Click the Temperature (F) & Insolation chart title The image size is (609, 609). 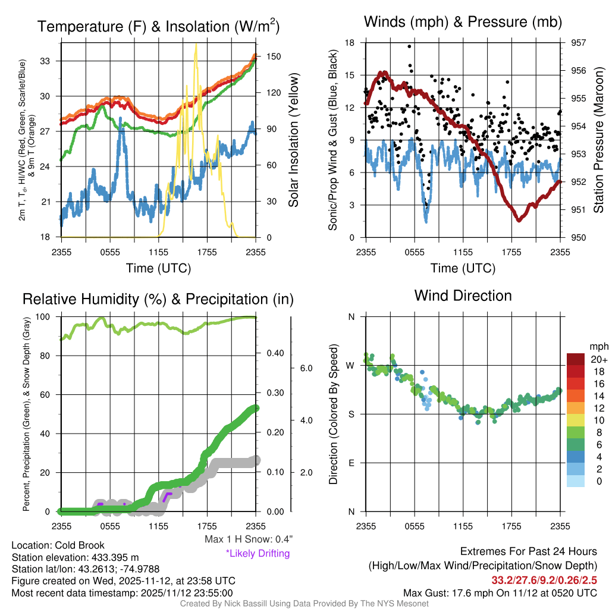coord(158,27)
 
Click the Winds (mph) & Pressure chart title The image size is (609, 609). coord(463,22)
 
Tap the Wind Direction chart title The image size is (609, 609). coord(463,296)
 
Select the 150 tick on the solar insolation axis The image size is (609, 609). coord(267,56)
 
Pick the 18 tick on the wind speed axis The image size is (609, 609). coord(350,43)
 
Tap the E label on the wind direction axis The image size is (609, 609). coord(351,463)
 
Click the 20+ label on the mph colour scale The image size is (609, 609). coord(599,360)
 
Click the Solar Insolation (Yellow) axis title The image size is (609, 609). coord(293,140)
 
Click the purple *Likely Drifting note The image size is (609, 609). coord(258,554)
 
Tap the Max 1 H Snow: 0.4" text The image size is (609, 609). coord(248,539)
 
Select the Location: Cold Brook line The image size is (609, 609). coord(58,545)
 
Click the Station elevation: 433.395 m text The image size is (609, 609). coord(75,557)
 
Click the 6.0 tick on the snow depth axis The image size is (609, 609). coord(306,369)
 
